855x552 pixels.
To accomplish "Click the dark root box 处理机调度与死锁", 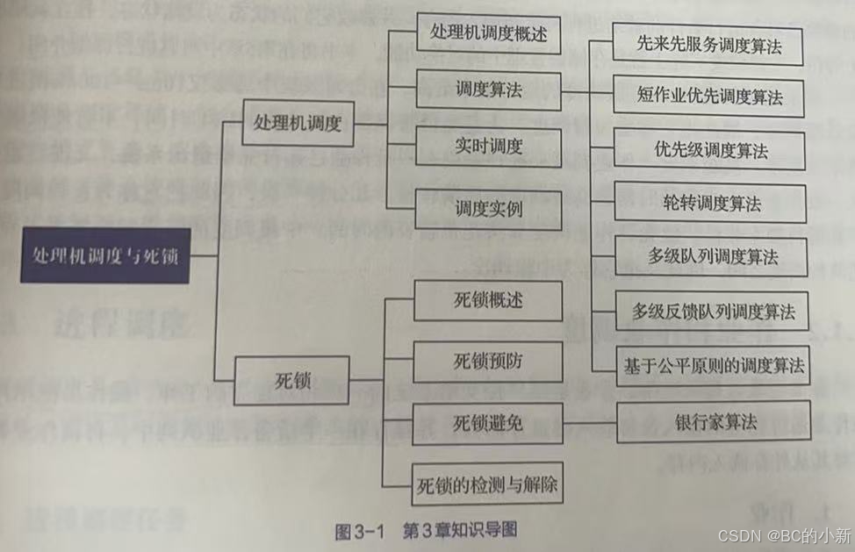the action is [x=104, y=255].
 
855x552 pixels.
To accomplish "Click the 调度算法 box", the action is [x=488, y=91].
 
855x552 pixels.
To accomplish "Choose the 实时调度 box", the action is [x=488, y=145].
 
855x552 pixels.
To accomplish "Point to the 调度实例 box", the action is [x=488, y=210].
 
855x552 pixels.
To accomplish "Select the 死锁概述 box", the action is [x=487, y=299].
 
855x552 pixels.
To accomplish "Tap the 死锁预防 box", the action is [x=487, y=362].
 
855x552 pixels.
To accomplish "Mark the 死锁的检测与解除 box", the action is [x=487, y=484].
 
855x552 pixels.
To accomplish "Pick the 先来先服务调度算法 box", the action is [x=709, y=45].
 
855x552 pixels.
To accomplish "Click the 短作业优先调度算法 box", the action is [x=709, y=96].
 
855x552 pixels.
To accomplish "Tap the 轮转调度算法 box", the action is [x=709, y=204].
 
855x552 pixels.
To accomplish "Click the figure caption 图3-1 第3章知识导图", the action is [x=427, y=531].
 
